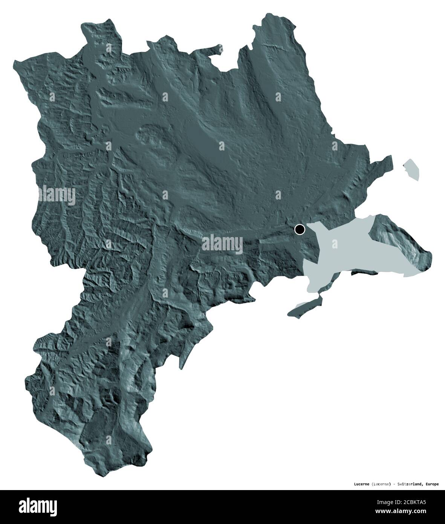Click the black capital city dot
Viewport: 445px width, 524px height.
(300, 229)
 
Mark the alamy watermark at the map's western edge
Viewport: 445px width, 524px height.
(57, 196)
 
